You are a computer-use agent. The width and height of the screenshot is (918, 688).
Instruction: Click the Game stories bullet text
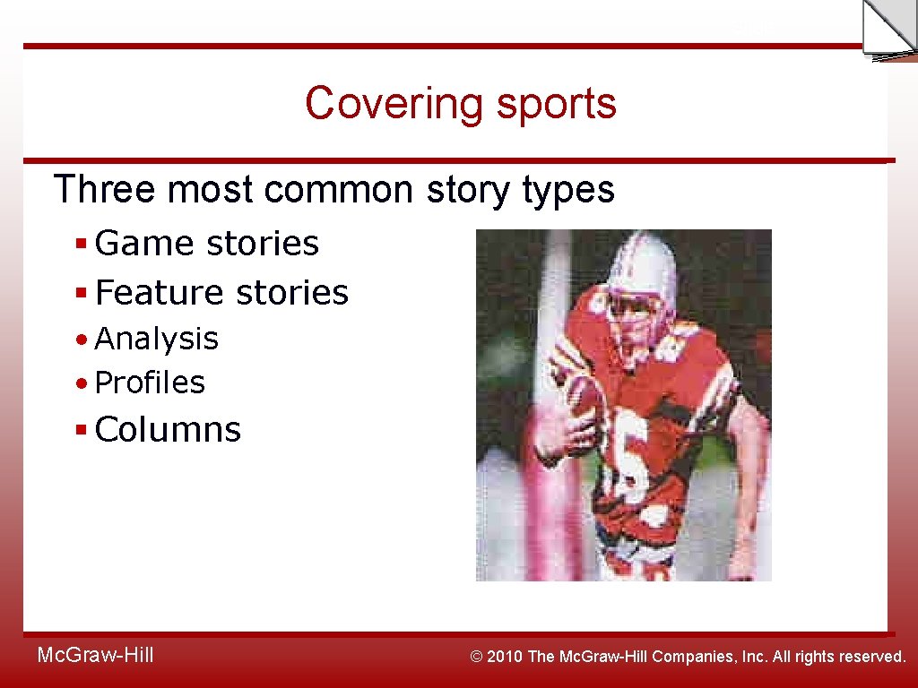tap(206, 243)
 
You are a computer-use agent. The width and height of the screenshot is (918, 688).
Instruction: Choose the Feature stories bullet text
tap(221, 292)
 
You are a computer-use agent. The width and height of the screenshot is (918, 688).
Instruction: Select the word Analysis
tap(156, 339)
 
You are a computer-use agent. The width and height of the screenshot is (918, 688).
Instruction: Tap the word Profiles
tap(150, 383)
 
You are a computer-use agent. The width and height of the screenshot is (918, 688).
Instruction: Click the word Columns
tap(168, 430)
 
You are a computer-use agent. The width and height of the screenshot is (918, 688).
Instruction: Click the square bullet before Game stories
tap(81, 243)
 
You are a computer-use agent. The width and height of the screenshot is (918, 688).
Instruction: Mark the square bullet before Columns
tap(81, 430)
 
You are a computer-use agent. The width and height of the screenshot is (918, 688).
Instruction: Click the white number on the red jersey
tap(633, 457)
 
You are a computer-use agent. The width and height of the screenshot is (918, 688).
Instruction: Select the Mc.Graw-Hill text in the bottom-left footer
tap(95, 656)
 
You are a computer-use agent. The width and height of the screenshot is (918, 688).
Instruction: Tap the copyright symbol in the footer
tap(478, 657)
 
